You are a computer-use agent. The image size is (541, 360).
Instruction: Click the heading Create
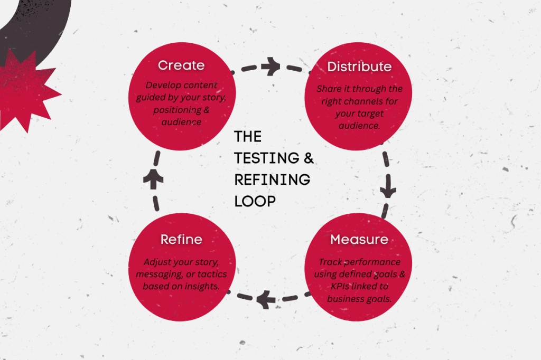181,65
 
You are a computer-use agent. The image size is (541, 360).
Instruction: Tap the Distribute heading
359,67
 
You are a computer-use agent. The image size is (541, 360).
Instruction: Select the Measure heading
359,240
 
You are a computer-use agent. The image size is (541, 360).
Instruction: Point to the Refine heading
181,240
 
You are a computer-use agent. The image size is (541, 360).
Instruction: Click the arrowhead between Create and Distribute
271,67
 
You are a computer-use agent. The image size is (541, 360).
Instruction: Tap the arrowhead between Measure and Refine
265,301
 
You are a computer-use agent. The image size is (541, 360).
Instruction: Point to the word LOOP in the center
255,201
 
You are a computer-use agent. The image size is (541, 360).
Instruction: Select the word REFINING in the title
272,179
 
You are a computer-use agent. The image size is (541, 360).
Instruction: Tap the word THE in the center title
248,137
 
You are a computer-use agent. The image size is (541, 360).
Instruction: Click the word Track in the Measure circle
329,262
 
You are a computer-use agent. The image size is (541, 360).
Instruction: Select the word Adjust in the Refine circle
157,262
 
